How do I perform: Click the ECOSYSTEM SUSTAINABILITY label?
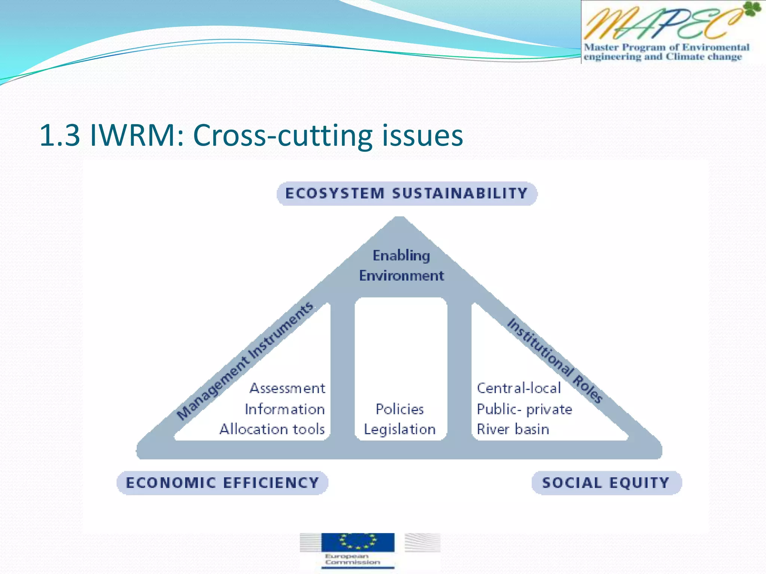tap(407, 194)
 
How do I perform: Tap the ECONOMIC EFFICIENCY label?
tap(222, 483)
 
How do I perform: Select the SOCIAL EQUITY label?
tap(606, 483)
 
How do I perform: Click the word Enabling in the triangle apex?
tap(401, 256)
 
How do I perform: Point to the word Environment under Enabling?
tap(401, 276)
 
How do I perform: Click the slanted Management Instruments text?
tap(245, 360)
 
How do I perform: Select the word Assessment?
tap(287, 388)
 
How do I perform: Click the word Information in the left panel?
tap(285, 409)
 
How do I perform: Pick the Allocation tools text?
tap(272, 429)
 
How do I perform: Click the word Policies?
tap(400, 409)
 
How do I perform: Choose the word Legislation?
tap(400, 429)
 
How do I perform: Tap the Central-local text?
tap(519, 388)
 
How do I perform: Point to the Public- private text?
tap(524, 409)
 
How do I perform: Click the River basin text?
tap(513, 429)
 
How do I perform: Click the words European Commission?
tap(352, 559)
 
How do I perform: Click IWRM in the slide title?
tap(137, 135)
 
